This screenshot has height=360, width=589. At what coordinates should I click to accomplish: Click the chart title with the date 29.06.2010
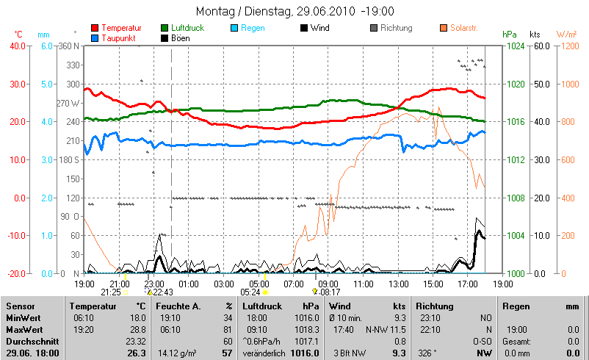(x=295, y=12)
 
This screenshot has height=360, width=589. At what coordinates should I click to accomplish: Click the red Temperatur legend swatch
(x=94, y=28)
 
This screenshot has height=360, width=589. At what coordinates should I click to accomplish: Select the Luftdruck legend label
(x=189, y=28)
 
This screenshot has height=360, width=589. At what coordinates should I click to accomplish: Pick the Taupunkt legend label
(x=120, y=37)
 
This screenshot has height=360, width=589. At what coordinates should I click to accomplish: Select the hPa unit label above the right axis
(x=510, y=35)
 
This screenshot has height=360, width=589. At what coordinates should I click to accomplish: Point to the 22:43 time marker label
(x=163, y=292)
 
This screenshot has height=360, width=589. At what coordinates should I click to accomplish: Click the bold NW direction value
(x=484, y=353)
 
